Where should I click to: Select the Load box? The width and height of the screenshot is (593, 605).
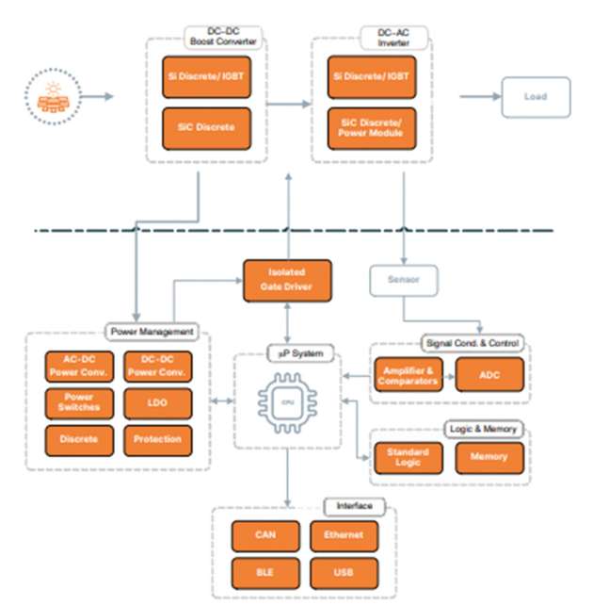(x=535, y=97)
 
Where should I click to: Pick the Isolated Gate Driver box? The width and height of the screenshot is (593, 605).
(x=287, y=280)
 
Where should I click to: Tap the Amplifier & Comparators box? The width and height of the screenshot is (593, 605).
(x=407, y=375)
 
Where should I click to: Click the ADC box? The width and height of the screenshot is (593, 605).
(x=489, y=375)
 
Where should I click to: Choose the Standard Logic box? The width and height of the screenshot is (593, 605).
(x=407, y=458)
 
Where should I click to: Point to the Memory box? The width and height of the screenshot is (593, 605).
(x=489, y=458)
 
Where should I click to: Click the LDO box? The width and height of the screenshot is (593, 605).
(x=158, y=403)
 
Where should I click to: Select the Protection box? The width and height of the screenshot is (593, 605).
(x=158, y=440)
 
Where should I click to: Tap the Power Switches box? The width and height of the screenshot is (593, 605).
(x=80, y=403)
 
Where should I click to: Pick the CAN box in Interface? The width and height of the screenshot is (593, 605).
(x=264, y=535)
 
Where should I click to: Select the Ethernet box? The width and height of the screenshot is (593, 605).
(x=344, y=535)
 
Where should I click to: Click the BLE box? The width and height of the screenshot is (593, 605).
(x=264, y=572)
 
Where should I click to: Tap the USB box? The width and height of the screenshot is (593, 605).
(x=344, y=572)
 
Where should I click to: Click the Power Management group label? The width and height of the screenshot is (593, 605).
(x=152, y=332)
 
